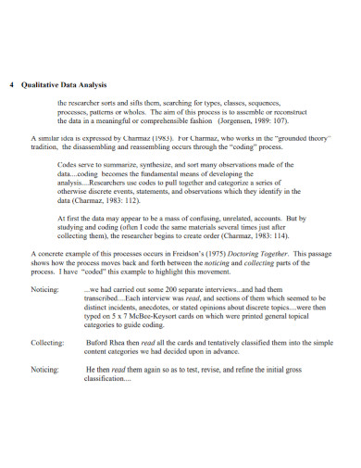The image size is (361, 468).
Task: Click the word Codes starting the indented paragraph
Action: pyautogui.click(x=67, y=164)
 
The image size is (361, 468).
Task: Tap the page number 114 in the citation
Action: pyautogui.click(x=268, y=234)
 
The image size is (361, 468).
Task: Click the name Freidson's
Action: pyautogui.click(x=181, y=252)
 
